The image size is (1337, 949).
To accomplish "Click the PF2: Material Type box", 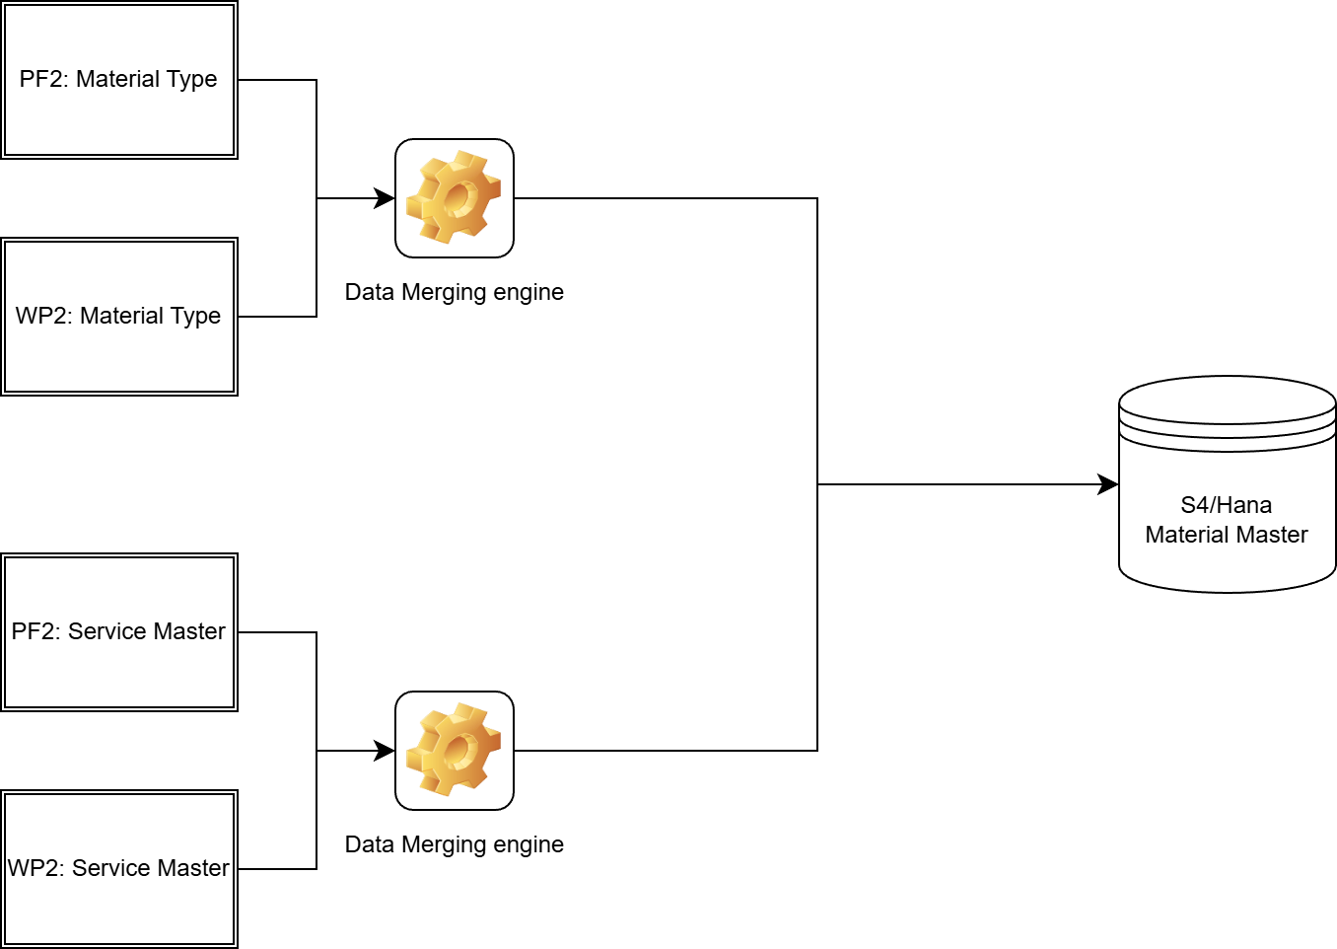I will [x=119, y=80].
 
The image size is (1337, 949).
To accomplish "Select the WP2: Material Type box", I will [x=119, y=317].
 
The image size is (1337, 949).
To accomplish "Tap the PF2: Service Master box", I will [x=119, y=632].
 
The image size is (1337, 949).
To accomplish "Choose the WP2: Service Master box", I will [x=119, y=869].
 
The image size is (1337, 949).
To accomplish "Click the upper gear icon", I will [x=455, y=198].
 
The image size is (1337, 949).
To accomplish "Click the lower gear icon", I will [x=455, y=751].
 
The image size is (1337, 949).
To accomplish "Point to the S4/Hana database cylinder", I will [x=1227, y=484].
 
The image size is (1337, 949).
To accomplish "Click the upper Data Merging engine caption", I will [x=455, y=292].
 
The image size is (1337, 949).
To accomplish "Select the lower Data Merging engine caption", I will [x=455, y=844].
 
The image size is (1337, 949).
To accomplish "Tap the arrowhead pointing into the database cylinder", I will [x=1109, y=484].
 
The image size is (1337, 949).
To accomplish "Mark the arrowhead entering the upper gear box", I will [x=386, y=198].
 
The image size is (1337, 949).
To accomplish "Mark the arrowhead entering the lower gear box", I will [x=386, y=751].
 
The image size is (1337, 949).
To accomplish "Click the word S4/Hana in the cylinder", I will [x=1227, y=505].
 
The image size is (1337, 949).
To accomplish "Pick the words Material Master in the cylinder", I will [x=1227, y=535].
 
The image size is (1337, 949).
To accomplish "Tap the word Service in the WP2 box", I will [x=108, y=868].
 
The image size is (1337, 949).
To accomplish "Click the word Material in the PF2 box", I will [x=117, y=79].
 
